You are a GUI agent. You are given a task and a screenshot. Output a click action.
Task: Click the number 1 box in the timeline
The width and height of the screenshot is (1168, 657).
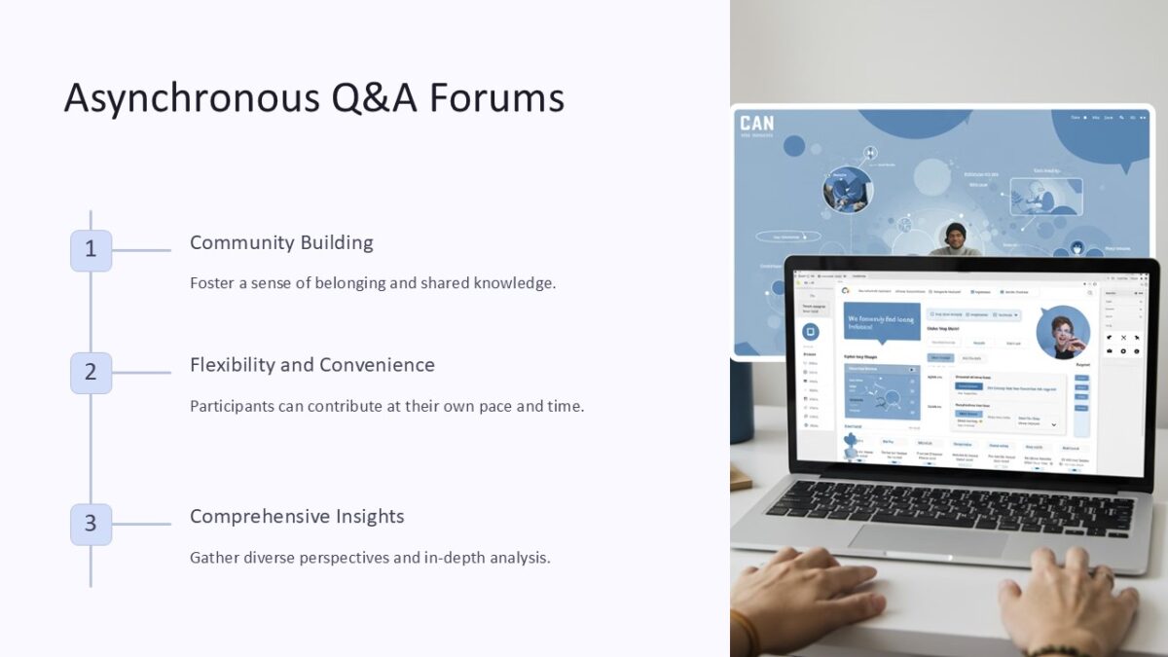pyautogui.click(x=91, y=250)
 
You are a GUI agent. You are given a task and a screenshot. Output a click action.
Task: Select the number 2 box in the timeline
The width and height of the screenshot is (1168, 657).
pyautogui.click(x=91, y=373)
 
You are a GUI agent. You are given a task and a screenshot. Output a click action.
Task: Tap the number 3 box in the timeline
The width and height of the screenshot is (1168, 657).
pyautogui.click(x=91, y=525)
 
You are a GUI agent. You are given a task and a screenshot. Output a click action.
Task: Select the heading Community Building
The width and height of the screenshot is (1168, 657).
pyautogui.click(x=281, y=242)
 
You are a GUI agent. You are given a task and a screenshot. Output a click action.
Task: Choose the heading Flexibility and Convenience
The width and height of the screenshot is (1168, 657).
pyautogui.click(x=312, y=365)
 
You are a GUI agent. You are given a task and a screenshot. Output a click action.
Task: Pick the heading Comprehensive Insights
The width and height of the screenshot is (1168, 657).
pyautogui.click(x=297, y=517)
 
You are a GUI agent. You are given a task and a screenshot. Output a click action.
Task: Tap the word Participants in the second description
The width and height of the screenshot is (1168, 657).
pyautogui.click(x=232, y=406)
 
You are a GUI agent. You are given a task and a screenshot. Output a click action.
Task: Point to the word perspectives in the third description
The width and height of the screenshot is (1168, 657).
pyautogui.click(x=363, y=558)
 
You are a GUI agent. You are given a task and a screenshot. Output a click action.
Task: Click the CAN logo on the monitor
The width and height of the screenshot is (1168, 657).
pyautogui.click(x=757, y=124)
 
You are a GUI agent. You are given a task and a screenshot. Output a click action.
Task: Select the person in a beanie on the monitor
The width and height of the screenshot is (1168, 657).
pyautogui.click(x=956, y=238)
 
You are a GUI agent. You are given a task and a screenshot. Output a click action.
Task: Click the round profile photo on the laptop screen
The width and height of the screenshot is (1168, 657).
pyautogui.click(x=1062, y=333)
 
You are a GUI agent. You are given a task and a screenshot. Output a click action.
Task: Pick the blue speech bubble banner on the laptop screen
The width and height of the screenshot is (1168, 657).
pyautogui.click(x=882, y=321)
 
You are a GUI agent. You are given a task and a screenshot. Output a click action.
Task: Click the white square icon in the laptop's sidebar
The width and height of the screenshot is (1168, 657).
pyautogui.click(x=809, y=332)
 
